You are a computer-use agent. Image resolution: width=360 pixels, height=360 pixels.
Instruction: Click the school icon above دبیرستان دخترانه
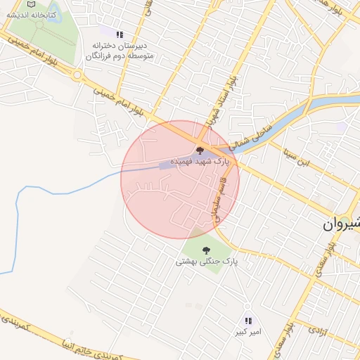120,34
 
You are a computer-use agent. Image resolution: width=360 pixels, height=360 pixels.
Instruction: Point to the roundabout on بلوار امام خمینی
77,75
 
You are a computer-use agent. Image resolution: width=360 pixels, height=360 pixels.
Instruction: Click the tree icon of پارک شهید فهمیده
200,150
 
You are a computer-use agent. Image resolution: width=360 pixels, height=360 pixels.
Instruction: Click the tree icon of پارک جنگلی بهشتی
206,250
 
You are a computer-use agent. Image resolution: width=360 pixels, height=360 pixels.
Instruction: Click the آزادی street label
319,329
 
